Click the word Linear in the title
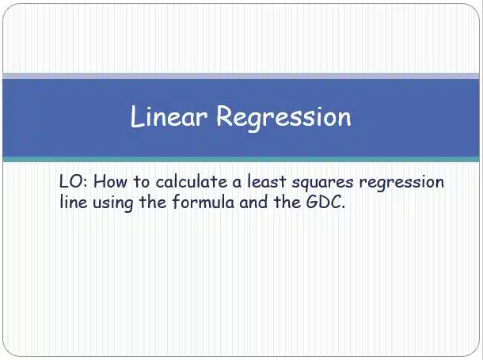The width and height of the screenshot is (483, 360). click(168, 116)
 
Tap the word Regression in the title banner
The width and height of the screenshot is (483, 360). click(283, 119)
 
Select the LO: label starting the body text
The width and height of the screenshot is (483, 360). click(74, 181)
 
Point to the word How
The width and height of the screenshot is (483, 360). click(110, 181)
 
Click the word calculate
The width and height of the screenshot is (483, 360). click(192, 181)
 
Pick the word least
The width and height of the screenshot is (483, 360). click(267, 181)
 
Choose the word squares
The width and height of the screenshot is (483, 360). click(322, 184)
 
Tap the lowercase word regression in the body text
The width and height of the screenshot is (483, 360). click(401, 184)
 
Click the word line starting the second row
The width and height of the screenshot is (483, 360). click(74, 202)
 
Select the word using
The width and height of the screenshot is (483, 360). click(113, 203)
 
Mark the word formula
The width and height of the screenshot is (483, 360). click(203, 202)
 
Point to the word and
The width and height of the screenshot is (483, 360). click(253, 202)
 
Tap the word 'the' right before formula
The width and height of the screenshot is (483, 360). click(153, 202)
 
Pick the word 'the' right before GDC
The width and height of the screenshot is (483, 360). click(287, 202)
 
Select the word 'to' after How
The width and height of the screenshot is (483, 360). click(142, 182)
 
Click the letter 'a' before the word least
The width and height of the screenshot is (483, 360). click(238, 184)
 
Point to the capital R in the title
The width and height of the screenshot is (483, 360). click(224, 116)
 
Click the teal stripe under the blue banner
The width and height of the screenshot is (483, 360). click(241, 159)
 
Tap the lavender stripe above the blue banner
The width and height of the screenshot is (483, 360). click(241, 76)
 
